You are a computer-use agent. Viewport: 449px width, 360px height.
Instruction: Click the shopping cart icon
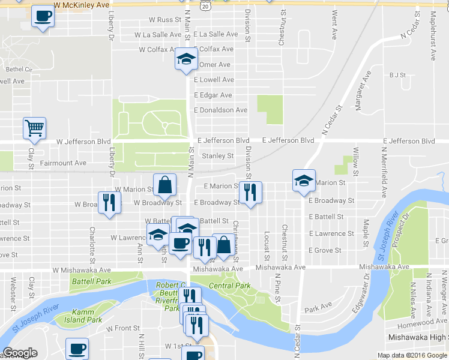(x=34, y=128)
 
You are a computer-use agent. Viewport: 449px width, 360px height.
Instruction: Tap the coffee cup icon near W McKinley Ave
(x=42, y=17)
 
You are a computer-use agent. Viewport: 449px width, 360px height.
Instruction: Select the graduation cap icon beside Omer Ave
(x=186, y=59)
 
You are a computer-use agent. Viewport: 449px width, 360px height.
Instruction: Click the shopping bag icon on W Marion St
(x=164, y=185)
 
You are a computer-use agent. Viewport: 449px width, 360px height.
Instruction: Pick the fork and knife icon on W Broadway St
(x=109, y=202)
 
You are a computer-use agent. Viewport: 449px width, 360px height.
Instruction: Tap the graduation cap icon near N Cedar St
(x=304, y=180)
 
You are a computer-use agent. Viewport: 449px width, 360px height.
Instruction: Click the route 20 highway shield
(x=206, y=5)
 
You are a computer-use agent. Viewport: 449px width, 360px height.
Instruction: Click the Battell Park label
(x=91, y=281)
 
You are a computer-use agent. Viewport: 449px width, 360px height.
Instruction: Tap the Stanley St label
(x=217, y=156)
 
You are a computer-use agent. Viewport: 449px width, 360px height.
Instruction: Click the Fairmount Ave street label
(x=63, y=163)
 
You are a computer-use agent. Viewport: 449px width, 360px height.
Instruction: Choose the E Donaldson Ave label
(x=220, y=110)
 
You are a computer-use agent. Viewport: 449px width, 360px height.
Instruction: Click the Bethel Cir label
(x=19, y=70)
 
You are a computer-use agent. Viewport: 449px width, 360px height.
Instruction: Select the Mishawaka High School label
(x=417, y=338)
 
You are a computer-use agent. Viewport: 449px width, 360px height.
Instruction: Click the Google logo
(x=20, y=353)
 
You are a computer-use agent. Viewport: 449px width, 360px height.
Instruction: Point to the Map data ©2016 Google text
(x=412, y=355)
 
